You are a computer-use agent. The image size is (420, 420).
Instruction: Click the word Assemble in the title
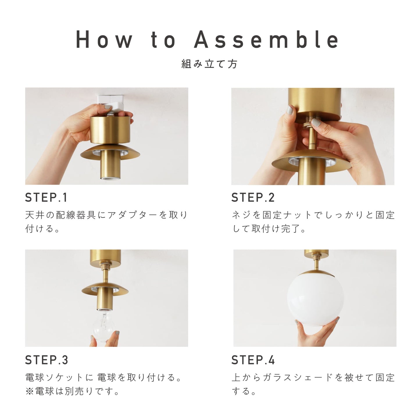click(x=266, y=39)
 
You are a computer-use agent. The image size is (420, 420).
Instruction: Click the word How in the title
click(x=104, y=39)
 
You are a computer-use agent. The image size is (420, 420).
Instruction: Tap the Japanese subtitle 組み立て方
click(x=209, y=64)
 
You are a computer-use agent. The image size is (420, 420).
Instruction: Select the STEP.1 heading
click(x=46, y=197)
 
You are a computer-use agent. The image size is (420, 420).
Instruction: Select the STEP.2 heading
click(x=253, y=197)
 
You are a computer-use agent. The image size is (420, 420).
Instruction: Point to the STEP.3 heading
click(x=47, y=360)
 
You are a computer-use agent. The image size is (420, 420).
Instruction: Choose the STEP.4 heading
click(x=253, y=360)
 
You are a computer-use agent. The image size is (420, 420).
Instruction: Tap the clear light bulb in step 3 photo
click(x=102, y=326)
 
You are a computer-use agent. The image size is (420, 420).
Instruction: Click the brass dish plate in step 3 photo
click(x=105, y=289)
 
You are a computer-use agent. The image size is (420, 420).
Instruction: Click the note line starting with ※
click(x=72, y=391)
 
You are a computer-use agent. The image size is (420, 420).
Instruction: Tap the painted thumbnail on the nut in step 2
click(x=316, y=122)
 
